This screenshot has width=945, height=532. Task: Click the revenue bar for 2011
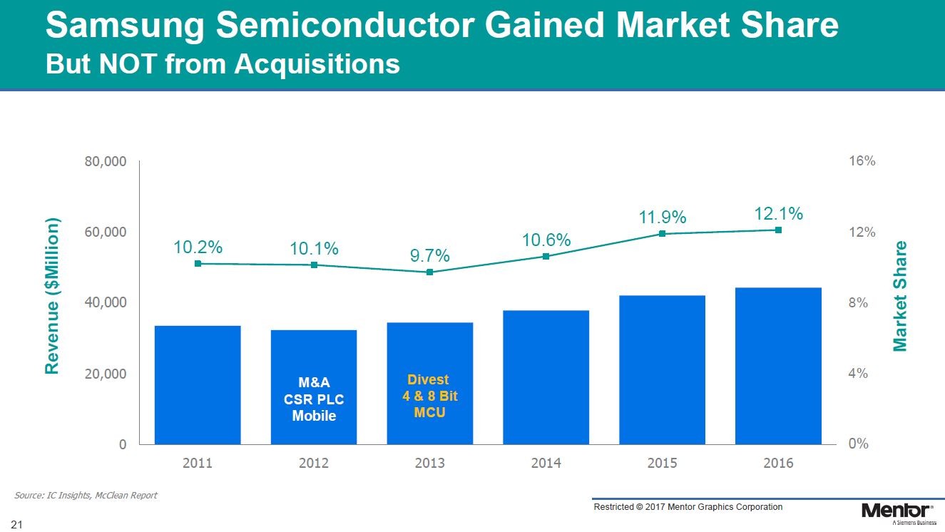pos(198,384)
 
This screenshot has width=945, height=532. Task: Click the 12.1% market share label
pos(778,213)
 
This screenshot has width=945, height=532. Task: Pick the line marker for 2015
pos(662,233)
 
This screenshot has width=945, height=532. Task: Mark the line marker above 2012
pos(314,265)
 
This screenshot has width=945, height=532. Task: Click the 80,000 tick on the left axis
pos(106,162)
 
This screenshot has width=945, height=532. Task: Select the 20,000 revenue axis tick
pos(106,373)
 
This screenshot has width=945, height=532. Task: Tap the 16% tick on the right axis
pos(862,162)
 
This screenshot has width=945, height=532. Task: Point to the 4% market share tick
pos(858,373)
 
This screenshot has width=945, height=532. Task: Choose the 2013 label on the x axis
pos(429,464)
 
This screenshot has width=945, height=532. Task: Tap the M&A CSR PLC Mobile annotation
pos(314,399)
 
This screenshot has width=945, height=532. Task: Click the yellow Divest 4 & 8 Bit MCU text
pos(429,396)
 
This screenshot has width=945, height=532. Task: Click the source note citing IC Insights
pos(86,495)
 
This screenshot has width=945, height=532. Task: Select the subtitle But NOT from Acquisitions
pos(223,64)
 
